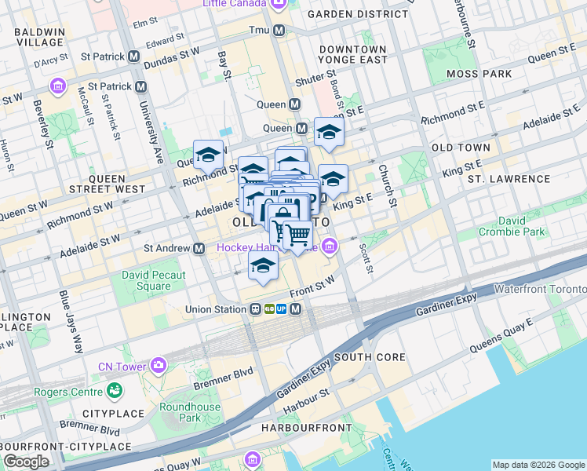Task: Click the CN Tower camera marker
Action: [159, 365]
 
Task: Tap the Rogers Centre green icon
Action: [115, 389]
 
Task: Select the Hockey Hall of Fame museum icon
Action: [330, 248]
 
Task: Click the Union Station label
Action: [215, 309]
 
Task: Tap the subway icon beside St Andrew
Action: [200, 248]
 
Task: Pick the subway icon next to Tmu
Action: [279, 31]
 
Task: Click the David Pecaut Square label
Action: [154, 280]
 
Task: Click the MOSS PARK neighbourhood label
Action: [479, 74]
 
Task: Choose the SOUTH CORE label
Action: [370, 357]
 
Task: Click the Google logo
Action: [26, 462]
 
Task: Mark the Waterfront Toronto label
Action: [540, 290]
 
